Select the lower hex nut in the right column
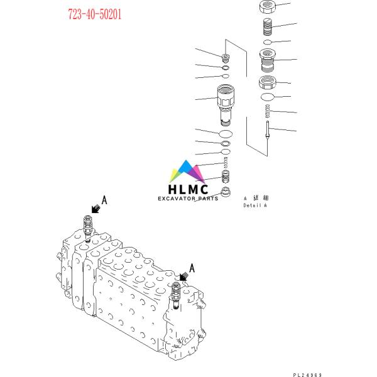click(269, 82)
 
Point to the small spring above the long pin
click(268, 112)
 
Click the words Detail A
click(255, 205)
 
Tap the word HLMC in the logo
click(188, 188)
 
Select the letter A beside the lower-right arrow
click(192, 268)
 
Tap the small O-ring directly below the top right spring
click(268, 42)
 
